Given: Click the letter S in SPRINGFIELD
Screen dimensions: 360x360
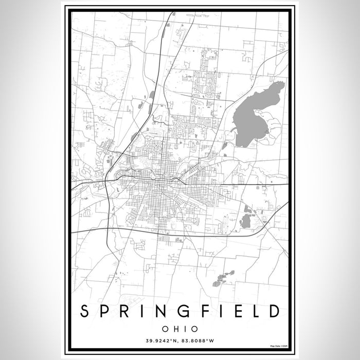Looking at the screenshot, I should tap(84, 311).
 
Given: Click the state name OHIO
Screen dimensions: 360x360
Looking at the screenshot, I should tap(179, 328).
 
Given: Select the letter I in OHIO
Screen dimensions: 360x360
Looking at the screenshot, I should tap(184, 328).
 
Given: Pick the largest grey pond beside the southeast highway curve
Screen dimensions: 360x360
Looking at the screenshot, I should tap(246, 222).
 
